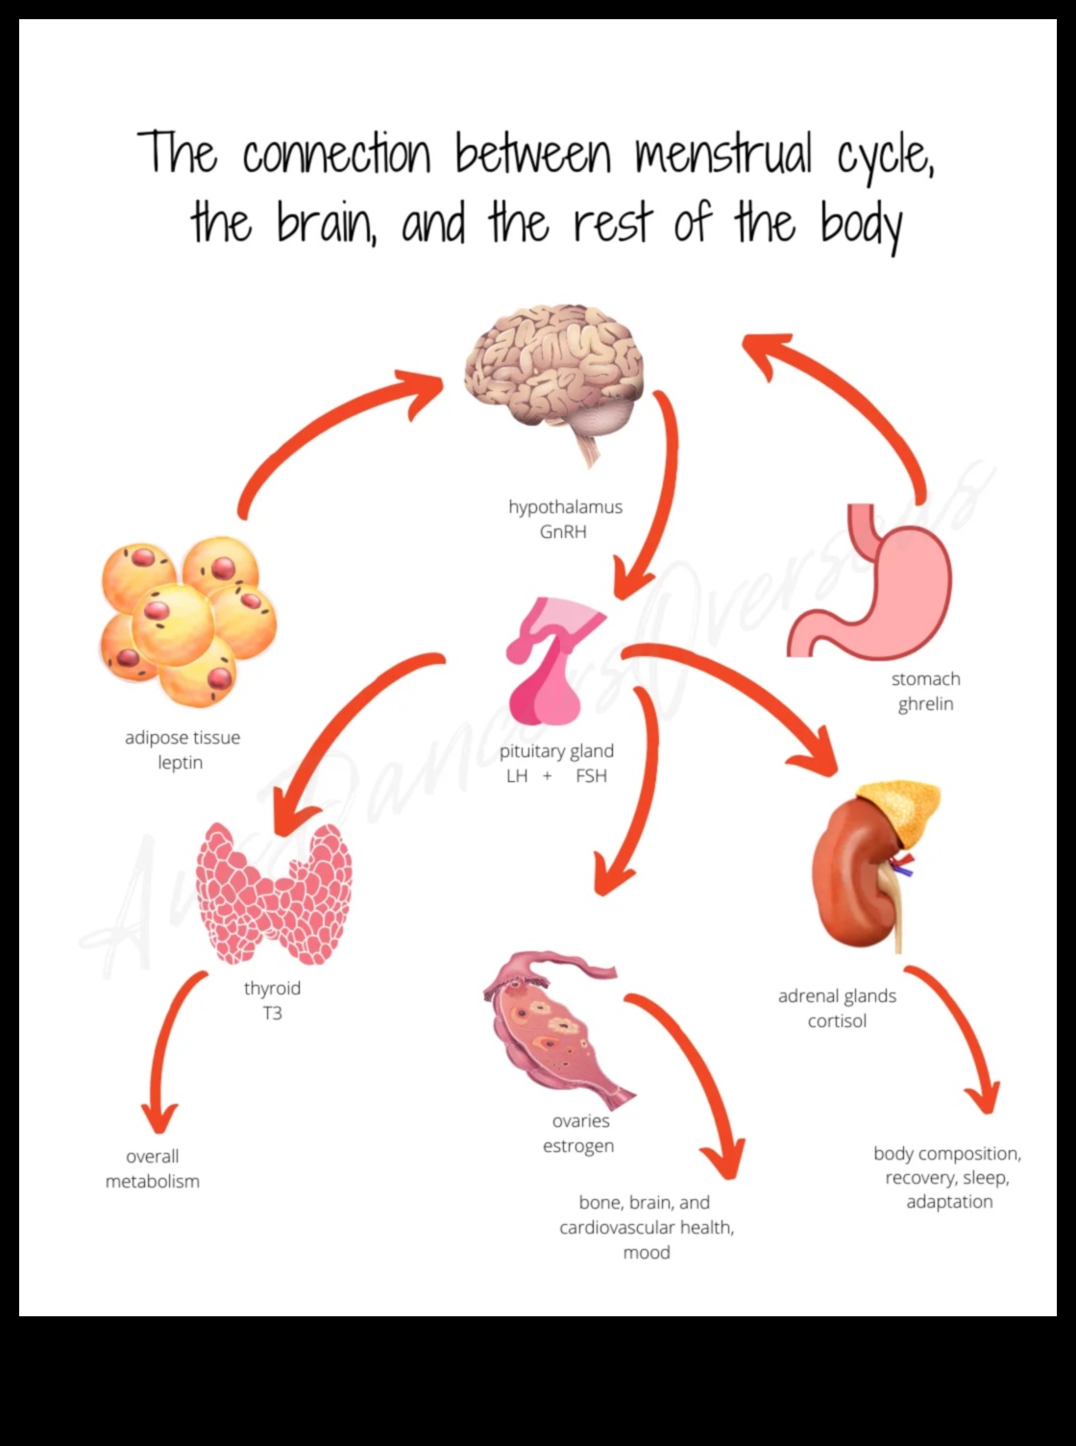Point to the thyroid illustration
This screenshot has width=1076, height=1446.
tap(274, 894)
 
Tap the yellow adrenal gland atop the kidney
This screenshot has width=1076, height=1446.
tap(898, 812)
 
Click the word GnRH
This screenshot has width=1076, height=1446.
tap(563, 531)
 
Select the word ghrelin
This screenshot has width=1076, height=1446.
tap(925, 703)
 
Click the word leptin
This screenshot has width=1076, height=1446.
tap(181, 762)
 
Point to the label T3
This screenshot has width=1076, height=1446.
tap(272, 1013)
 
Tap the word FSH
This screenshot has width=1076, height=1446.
tap(591, 775)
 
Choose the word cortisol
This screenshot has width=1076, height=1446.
tap(837, 1020)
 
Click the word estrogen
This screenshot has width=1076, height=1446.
tap(578, 1145)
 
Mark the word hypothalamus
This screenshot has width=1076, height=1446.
tap(565, 506)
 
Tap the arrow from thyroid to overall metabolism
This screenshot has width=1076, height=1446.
tap(168, 1047)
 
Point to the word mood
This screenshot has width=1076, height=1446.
tap(647, 1252)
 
